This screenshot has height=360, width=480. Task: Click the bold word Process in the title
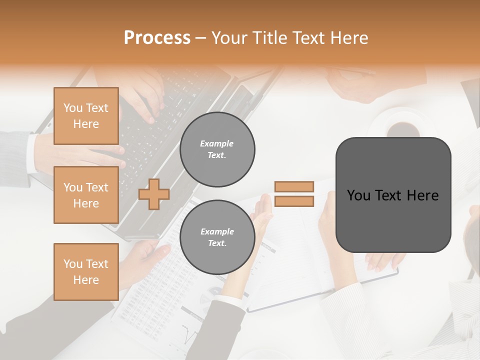click(x=157, y=38)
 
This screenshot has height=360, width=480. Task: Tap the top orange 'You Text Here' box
click(x=86, y=116)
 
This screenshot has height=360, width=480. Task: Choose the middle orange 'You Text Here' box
click(x=86, y=195)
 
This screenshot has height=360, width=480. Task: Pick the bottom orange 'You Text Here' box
click(x=86, y=272)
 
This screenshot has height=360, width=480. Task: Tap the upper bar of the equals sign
click(x=294, y=186)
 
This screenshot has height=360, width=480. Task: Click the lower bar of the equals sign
click(x=294, y=201)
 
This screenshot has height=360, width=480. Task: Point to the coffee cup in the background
click(x=403, y=128)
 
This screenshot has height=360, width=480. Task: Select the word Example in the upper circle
click(x=217, y=143)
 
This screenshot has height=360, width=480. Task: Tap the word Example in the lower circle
click(x=217, y=231)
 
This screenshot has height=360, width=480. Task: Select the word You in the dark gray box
click(x=358, y=195)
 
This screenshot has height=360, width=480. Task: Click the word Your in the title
click(x=230, y=38)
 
